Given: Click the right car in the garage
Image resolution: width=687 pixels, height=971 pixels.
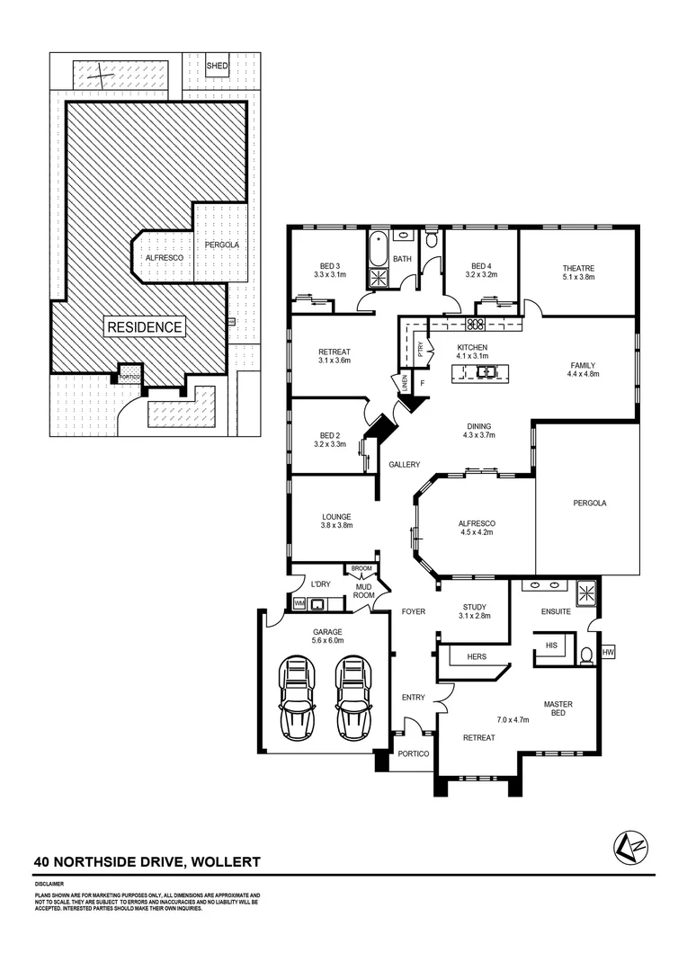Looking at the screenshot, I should (352, 696).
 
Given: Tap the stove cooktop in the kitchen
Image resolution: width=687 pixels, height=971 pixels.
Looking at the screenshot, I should (476, 324).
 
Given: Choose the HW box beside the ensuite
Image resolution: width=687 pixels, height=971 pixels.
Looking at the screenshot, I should (609, 652).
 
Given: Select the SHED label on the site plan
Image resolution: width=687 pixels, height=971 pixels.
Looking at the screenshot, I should (218, 67).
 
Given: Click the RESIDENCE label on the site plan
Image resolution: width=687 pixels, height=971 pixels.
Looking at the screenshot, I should (145, 327).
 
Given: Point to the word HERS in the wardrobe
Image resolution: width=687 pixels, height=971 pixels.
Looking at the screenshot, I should (477, 656).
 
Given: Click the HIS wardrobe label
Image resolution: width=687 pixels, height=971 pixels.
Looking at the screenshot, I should (551, 646).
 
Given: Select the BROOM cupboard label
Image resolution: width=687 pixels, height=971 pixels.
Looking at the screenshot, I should (361, 569).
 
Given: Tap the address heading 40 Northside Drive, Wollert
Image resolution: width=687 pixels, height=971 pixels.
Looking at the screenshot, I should (147, 861).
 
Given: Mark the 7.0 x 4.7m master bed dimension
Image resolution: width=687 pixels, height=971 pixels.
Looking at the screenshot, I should (513, 719).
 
